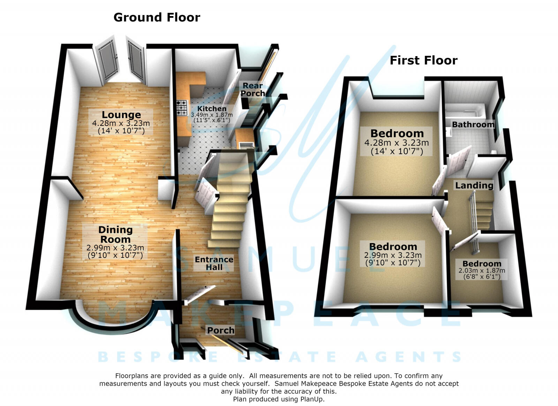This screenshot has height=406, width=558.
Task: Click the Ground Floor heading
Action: (157, 18)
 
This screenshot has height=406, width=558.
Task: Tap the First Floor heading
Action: (423, 61)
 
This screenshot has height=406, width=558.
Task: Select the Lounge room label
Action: (121, 115)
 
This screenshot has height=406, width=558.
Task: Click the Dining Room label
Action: (115, 234)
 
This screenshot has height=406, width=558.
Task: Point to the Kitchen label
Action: (212, 108)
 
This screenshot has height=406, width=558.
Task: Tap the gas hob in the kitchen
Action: (182, 107)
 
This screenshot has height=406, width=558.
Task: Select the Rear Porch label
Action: (252, 89)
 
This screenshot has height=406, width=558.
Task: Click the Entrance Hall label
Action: (214, 263)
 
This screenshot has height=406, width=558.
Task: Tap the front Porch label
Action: (221, 331)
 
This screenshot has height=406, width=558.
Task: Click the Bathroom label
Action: (473, 125)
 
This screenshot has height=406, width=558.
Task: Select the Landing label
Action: (474, 186)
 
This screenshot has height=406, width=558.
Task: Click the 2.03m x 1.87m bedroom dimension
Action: (482, 271)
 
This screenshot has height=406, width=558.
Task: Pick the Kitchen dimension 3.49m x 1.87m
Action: (212, 115)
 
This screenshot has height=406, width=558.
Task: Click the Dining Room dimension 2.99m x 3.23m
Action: (115, 248)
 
